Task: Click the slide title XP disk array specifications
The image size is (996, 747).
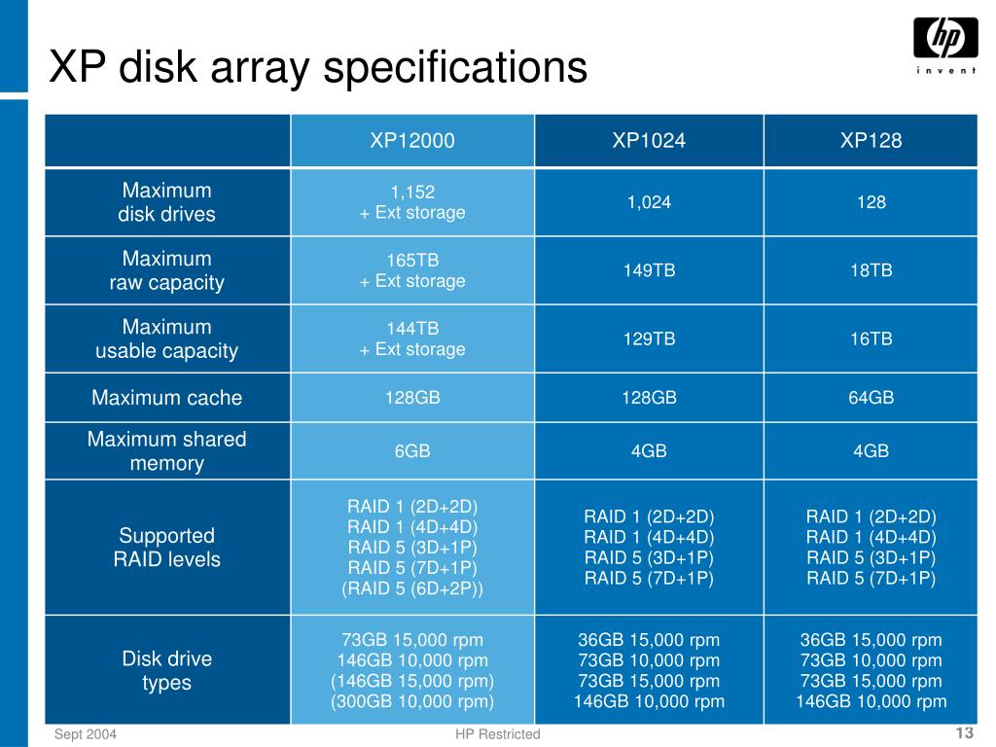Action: coord(319,68)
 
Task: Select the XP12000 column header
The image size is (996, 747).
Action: coord(411,141)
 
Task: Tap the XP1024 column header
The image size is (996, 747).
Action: coord(649,141)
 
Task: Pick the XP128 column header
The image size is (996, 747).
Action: coord(871,141)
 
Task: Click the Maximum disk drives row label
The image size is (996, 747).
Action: coord(167,202)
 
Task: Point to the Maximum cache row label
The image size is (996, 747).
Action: coord(167,398)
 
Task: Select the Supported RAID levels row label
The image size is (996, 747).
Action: coord(167,548)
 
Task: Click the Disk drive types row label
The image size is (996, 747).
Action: coord(167,671)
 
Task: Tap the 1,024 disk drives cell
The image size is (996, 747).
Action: coord(649,202)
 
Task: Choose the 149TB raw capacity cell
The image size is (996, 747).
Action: coord(649,270)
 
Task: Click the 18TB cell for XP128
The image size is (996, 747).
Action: coord(871,270)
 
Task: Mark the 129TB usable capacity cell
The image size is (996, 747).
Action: coord(649,338)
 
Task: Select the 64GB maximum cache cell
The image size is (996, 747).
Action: coord(871,398)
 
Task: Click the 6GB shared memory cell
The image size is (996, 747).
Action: coord(411,451)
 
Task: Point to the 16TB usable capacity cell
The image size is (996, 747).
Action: coord(871,338)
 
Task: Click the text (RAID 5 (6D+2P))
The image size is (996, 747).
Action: coord(411,588)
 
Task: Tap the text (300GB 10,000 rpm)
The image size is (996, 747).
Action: coord(411,701)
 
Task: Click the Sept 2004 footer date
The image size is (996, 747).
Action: coord(86,734)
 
